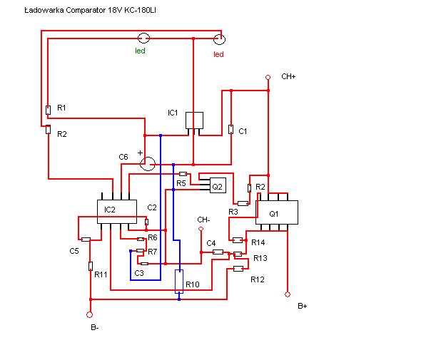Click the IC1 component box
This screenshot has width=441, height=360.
(194, 120)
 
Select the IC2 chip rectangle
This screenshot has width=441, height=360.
(117, 212)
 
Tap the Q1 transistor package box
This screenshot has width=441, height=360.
(277, 212)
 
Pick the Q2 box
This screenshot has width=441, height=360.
(218, 185)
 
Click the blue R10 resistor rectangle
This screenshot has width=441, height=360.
(179, 282)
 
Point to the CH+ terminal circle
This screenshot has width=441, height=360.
(268, 77)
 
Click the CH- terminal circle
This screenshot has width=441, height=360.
(201, 229)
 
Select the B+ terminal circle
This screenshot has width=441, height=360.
(288, 294)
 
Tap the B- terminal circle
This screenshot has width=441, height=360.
(89, 315)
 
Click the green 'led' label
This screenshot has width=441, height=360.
(140, 51)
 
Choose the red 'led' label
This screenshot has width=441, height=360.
(218, 54)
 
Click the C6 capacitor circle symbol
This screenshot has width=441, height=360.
(148, 164)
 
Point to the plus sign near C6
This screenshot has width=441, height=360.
(140, 153)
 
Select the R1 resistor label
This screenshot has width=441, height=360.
(61, 108)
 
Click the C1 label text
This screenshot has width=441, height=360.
(243, 131)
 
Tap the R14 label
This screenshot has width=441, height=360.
(258, 242)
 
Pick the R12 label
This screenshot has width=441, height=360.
(258, 279)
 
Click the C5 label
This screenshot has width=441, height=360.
(74, 251)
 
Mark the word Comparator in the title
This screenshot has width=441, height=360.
(86, 11)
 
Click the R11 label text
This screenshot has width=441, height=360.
(101, 274)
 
